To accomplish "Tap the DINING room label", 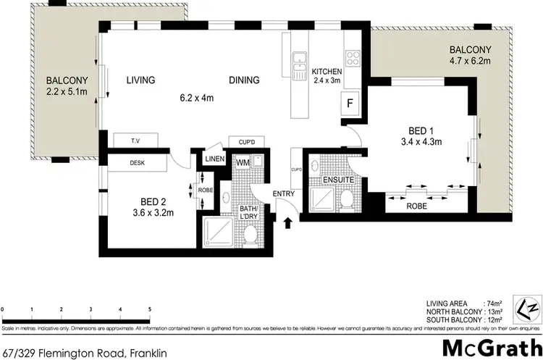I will (x=245, y=80).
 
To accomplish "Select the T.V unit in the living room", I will (x=135, y=141).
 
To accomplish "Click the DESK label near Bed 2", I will (x=137, y=163).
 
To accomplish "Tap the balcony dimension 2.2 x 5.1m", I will (x=67, y=93).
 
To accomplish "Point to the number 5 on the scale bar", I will (x=149, y=310).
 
